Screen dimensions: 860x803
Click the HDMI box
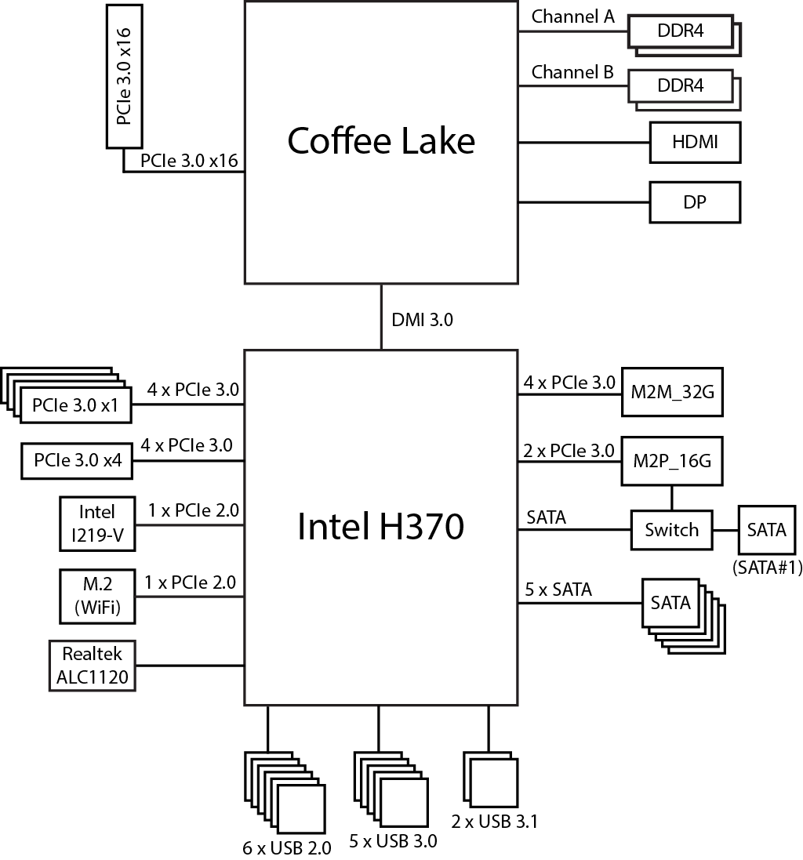coord(695,142)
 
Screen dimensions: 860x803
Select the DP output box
coord(695,201)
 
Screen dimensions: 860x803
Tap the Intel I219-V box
coord(96,524)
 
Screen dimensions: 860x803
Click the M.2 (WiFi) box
coord(96,597)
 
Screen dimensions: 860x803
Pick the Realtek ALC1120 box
coord(92,666)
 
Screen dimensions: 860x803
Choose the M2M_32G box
coord(671,391)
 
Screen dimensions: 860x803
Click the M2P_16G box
coord(671,460)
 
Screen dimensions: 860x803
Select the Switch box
coord(671,530)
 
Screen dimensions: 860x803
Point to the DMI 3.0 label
coord(422,319)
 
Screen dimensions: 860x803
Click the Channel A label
coord(572,16)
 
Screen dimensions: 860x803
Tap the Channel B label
coord(572,73)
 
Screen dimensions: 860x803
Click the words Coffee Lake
coord(381,141)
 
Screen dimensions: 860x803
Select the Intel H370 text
coord(381,527)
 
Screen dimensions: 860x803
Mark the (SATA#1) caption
coord(766,568)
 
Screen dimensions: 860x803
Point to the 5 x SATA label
coord(558,590)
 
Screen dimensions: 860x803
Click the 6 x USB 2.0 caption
coord(287,847)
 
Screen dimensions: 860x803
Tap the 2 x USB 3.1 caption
coord(494,821)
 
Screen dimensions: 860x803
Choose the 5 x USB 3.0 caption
coord(393,841)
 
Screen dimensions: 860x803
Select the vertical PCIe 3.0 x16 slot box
coord(123,75)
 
